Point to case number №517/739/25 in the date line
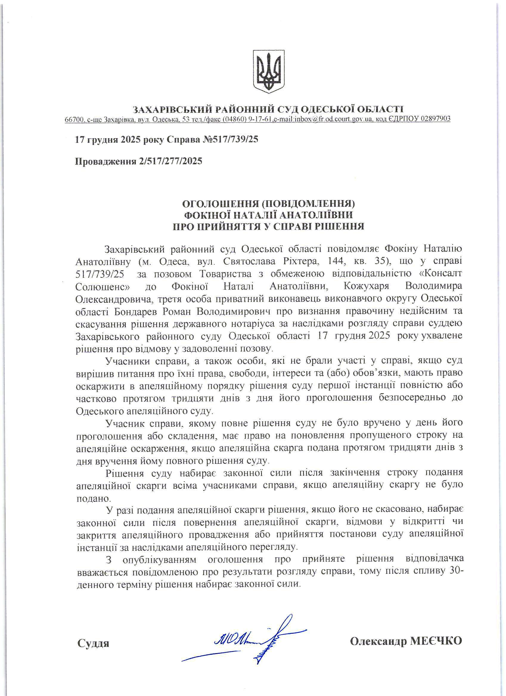[230, 140]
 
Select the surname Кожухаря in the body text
[366, 286]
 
